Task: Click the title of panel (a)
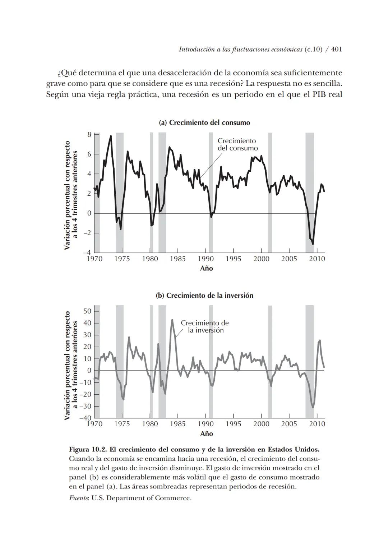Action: coord(204,123)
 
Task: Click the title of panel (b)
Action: coord(204,296)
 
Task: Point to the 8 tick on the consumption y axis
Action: coord(89,135)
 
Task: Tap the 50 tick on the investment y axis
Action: coord(87,311)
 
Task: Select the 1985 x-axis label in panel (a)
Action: coord(177,259)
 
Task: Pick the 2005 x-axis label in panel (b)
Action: coord(289,424)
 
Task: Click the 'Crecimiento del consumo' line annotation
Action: coord(237,145)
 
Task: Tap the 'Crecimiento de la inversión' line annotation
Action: coord(205,326)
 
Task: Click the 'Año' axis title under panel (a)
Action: coord(207,269)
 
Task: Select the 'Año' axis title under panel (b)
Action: coord(207,434)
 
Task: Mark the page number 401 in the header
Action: coord(336,50)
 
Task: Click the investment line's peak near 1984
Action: coord(172,320)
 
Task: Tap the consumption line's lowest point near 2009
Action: coord(313,244)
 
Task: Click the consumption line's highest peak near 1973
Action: coord(111,136)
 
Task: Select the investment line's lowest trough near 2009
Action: coord(313,407)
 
